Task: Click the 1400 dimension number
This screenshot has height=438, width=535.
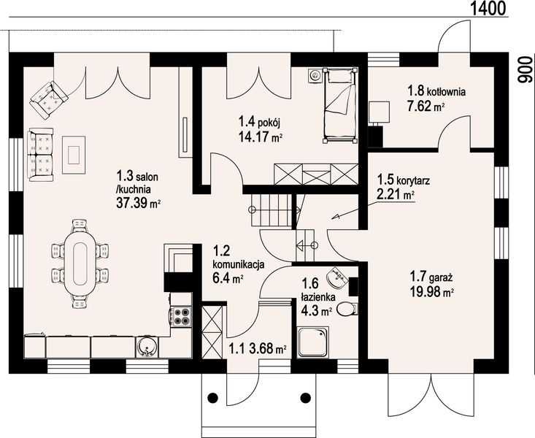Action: click(x=488, y=8)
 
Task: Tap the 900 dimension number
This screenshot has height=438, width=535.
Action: click(x=526, y=70)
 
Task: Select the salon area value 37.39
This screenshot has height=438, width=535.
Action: click(x=131, y=203)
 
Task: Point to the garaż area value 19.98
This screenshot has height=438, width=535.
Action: click(x=426, y=292)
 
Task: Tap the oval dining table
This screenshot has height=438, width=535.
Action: click(x=80, y=264)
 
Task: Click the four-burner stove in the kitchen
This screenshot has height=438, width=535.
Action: click(x=181, y=317)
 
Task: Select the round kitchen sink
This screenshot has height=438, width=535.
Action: click(x=147, y=348)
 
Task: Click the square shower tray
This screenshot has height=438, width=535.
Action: click(x=313, y=342)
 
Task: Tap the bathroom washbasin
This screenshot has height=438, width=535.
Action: click(x=338, y=277)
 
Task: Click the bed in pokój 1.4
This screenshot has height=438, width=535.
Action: click(x=341, y=105)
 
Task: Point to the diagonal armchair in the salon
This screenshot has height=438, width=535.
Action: click(x=49, y=100)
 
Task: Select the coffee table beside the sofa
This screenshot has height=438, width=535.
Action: click(x=74, y=155)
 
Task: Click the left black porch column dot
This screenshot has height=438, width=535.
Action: click(x=213, y=397)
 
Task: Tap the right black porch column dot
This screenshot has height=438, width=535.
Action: click(x=305, y=397)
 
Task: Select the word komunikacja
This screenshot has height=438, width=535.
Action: click(x=239, y=264)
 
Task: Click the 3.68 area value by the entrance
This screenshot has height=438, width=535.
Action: click(x=261, y=348)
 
